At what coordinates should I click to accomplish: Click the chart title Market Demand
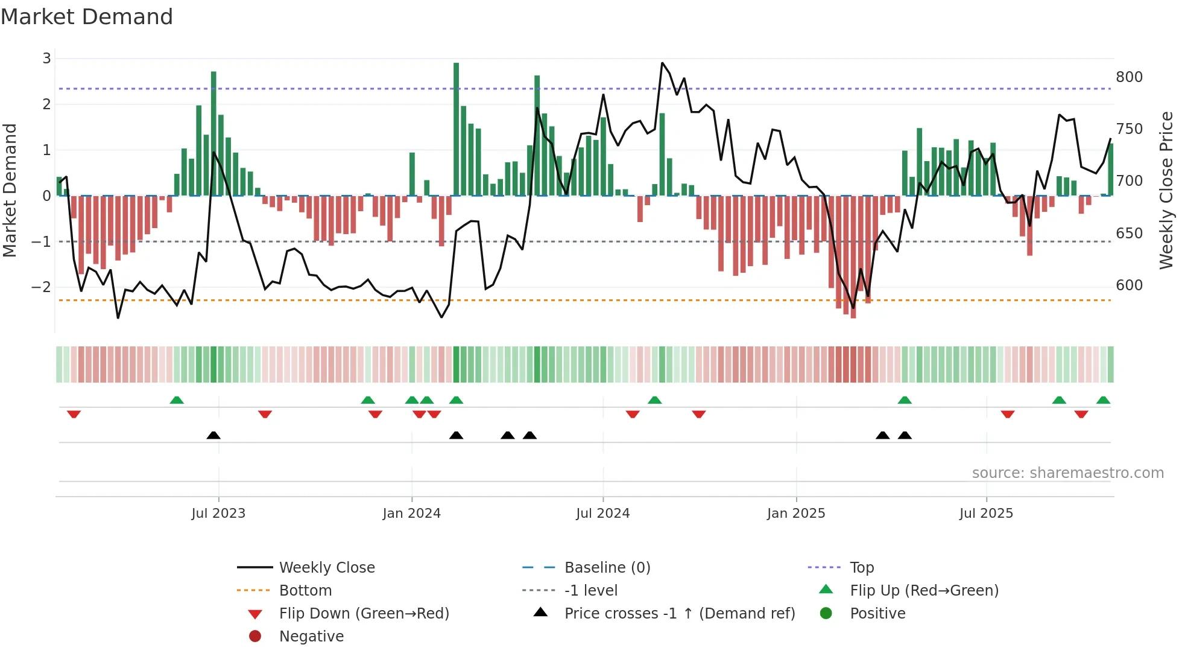pos(87,17)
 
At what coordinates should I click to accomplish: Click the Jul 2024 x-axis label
pos(602,514)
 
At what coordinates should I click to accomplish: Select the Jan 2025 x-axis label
pos(795,514)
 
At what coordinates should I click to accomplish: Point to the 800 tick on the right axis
pos(1129,77)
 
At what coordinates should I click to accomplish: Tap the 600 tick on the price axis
pos(1129,285)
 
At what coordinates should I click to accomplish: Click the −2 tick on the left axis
pos(41,287)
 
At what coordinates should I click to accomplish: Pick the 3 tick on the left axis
pos(46,59)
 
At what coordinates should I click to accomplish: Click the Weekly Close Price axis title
pos(1166,190)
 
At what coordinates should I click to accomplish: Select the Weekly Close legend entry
pos(326,568)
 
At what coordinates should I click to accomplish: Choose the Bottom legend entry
pos(305,591)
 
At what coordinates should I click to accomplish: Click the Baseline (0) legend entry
pos(607,568)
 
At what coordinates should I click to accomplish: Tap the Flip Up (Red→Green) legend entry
pos(924,591)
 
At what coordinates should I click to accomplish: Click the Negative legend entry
pos(311,637)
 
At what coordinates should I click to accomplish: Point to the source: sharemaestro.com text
pos(1067,473)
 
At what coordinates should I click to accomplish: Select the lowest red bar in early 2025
pos(853,256)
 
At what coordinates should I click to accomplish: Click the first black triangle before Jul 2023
pos(213,436)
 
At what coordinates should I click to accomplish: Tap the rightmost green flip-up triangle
pos(1103,401)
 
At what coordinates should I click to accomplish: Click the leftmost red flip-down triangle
pos(74,414)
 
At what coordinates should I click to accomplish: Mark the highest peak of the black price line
pos(662,63)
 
